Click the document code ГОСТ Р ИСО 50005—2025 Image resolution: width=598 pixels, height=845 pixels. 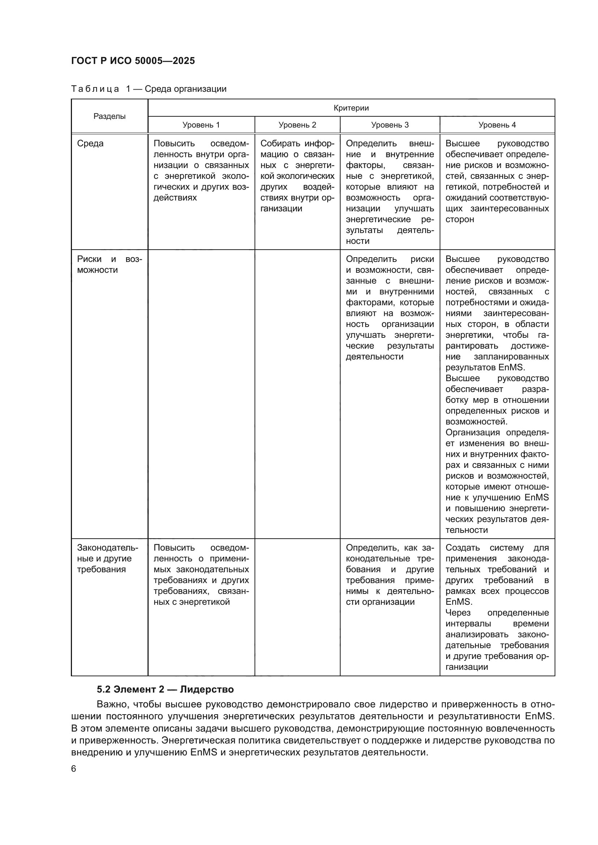coord(133,61)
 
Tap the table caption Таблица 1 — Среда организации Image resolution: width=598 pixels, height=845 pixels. coord(148,89)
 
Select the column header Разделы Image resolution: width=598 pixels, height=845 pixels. coord(109,116)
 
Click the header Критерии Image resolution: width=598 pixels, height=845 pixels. coord(351,108)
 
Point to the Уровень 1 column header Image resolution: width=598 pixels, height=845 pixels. coord(201,125)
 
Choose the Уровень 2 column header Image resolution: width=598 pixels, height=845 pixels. coord(297,125)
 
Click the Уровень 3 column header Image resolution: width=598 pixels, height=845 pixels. coord(390,125)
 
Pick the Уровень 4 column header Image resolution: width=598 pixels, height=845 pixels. coord(497,125)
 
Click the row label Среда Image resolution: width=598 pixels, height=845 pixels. coord(90,143)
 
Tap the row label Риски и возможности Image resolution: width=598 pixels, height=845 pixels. coord(109,264)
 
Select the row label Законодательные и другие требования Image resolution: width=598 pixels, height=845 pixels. coord(107,559)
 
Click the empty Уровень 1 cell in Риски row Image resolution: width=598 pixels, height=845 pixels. coord(201,394)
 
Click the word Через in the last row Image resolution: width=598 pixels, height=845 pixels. coord(458,613)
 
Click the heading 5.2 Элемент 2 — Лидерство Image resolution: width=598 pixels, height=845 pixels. coord(165,689)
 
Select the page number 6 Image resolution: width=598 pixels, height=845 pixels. coord(74,769)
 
